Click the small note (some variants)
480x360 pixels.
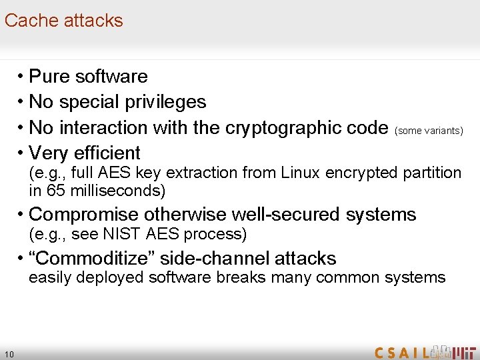click(x=429, y=131)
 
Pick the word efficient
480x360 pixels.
click(x=106, y=153)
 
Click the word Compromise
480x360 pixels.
click(x=83, y=215)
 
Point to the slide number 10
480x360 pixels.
click(x=9, y=353)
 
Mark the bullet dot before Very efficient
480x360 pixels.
click(x=22, y=153)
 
